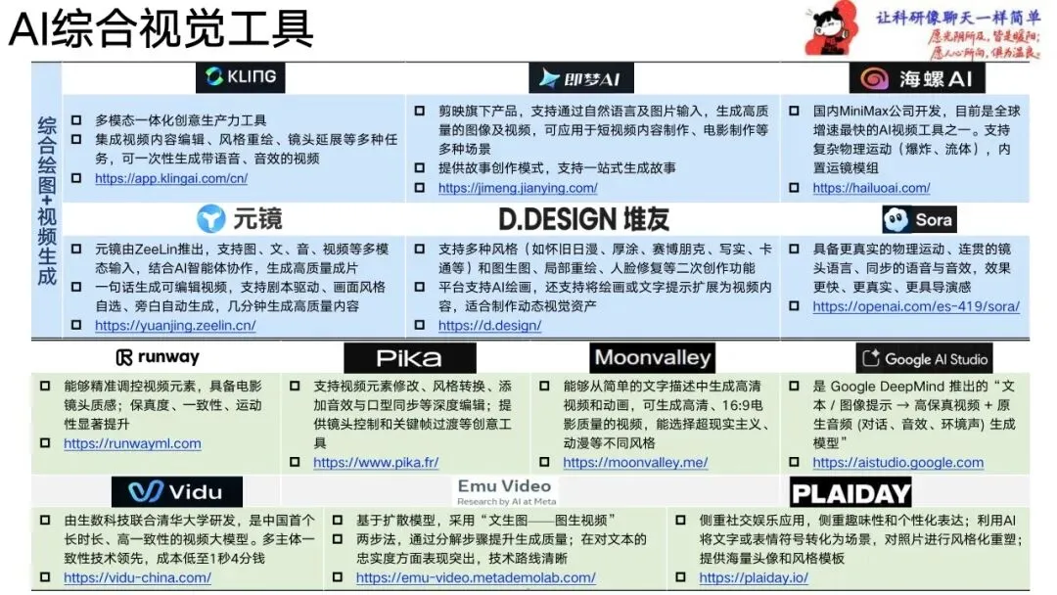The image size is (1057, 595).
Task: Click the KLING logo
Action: [240, 77]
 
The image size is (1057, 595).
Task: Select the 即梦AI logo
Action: [580, 78]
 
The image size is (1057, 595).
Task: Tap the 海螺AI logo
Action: [916, 78]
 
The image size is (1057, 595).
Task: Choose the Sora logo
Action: [917, 219]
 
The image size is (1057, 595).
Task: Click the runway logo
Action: [157, 357]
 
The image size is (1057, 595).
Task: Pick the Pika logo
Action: [409, 358]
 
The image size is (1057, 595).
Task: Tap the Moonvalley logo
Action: [653, 357]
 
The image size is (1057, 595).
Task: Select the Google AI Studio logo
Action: [925, 358]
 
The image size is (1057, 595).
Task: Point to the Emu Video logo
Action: [504, 490]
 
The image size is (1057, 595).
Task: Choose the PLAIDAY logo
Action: [850, 492]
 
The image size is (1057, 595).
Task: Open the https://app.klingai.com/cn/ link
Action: [170, 178]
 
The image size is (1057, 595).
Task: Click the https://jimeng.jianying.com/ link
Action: [517, 187]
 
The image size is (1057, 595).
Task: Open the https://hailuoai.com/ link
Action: [870, 187]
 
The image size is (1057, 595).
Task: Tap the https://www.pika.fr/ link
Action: [375, 462]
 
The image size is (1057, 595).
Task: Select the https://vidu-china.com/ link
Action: [137, 577]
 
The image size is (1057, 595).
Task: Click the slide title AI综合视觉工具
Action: [161, 29]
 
